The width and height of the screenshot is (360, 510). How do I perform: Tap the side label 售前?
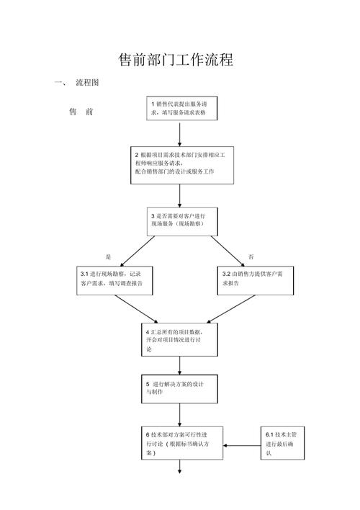[x=80, y=113]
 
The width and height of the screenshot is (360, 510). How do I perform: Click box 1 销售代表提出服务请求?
[x=179, y=109]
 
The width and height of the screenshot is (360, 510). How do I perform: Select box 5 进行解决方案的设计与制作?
[x=179, y=389]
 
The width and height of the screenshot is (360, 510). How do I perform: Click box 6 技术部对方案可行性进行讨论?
[x=179, y=445]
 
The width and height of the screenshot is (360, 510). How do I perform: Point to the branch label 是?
[x=108, y=257]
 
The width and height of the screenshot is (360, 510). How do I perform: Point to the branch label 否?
[x=251, y=257]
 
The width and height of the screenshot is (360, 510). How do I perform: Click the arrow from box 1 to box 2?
[x=179, y=133]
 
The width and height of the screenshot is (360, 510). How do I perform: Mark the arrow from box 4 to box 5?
[x=179, y=366]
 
